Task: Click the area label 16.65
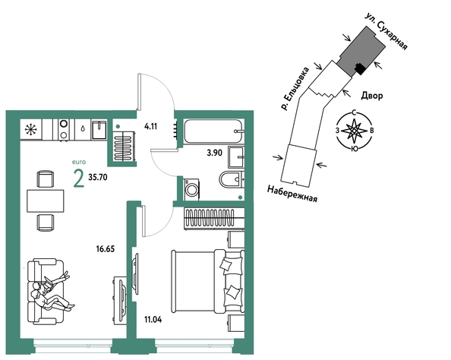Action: pos(106,249)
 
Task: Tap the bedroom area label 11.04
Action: pos(153,320)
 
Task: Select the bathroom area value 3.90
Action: pos(215,153)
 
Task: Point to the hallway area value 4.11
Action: pos(151,126)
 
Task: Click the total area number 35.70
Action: pos(98,177)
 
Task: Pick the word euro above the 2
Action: pos(79,163)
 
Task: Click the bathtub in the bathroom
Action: pos(213,131)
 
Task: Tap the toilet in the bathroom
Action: pos(232,179)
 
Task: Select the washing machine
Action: pos(192,189)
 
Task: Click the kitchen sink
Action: pos(99,130)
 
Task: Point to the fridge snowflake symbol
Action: pos(31,130)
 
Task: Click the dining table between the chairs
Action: pos(46,201)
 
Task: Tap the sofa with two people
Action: pos(46,291)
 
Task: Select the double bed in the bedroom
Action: pos(208,281)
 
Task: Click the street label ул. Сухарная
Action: pos(386,31)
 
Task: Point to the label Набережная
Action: pos(292,194)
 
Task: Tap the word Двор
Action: pos(372,96)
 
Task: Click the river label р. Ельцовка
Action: pos(295,89)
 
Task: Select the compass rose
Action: pos(355,131)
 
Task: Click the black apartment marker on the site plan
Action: pos(360,68)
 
